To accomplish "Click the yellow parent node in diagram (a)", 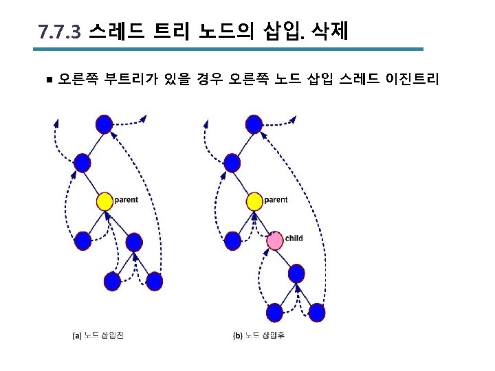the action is [104, 201].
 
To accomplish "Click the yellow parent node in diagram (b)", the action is [254, 201].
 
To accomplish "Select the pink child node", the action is [275, 240].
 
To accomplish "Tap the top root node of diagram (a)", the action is [104, 124].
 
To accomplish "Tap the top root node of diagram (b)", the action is [254, 124].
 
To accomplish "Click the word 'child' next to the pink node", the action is [294, 238].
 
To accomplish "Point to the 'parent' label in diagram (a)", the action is [126, 200].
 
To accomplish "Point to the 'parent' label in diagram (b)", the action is [276, 200].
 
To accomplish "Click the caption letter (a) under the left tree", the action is [77, 336].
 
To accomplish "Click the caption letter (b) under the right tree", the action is [238, 336].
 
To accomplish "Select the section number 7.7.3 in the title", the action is [60, 32].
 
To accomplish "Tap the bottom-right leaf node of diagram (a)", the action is [154, 281].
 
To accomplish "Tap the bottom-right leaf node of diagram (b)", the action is [317, 313].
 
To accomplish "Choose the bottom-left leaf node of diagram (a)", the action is [112, 281].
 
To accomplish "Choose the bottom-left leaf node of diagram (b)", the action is [275, 313].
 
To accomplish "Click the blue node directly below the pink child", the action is [296, 273].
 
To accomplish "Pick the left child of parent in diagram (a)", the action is [82, 240].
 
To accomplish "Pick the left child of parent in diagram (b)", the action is [233, 240].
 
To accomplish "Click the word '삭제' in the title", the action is [330, 32].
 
